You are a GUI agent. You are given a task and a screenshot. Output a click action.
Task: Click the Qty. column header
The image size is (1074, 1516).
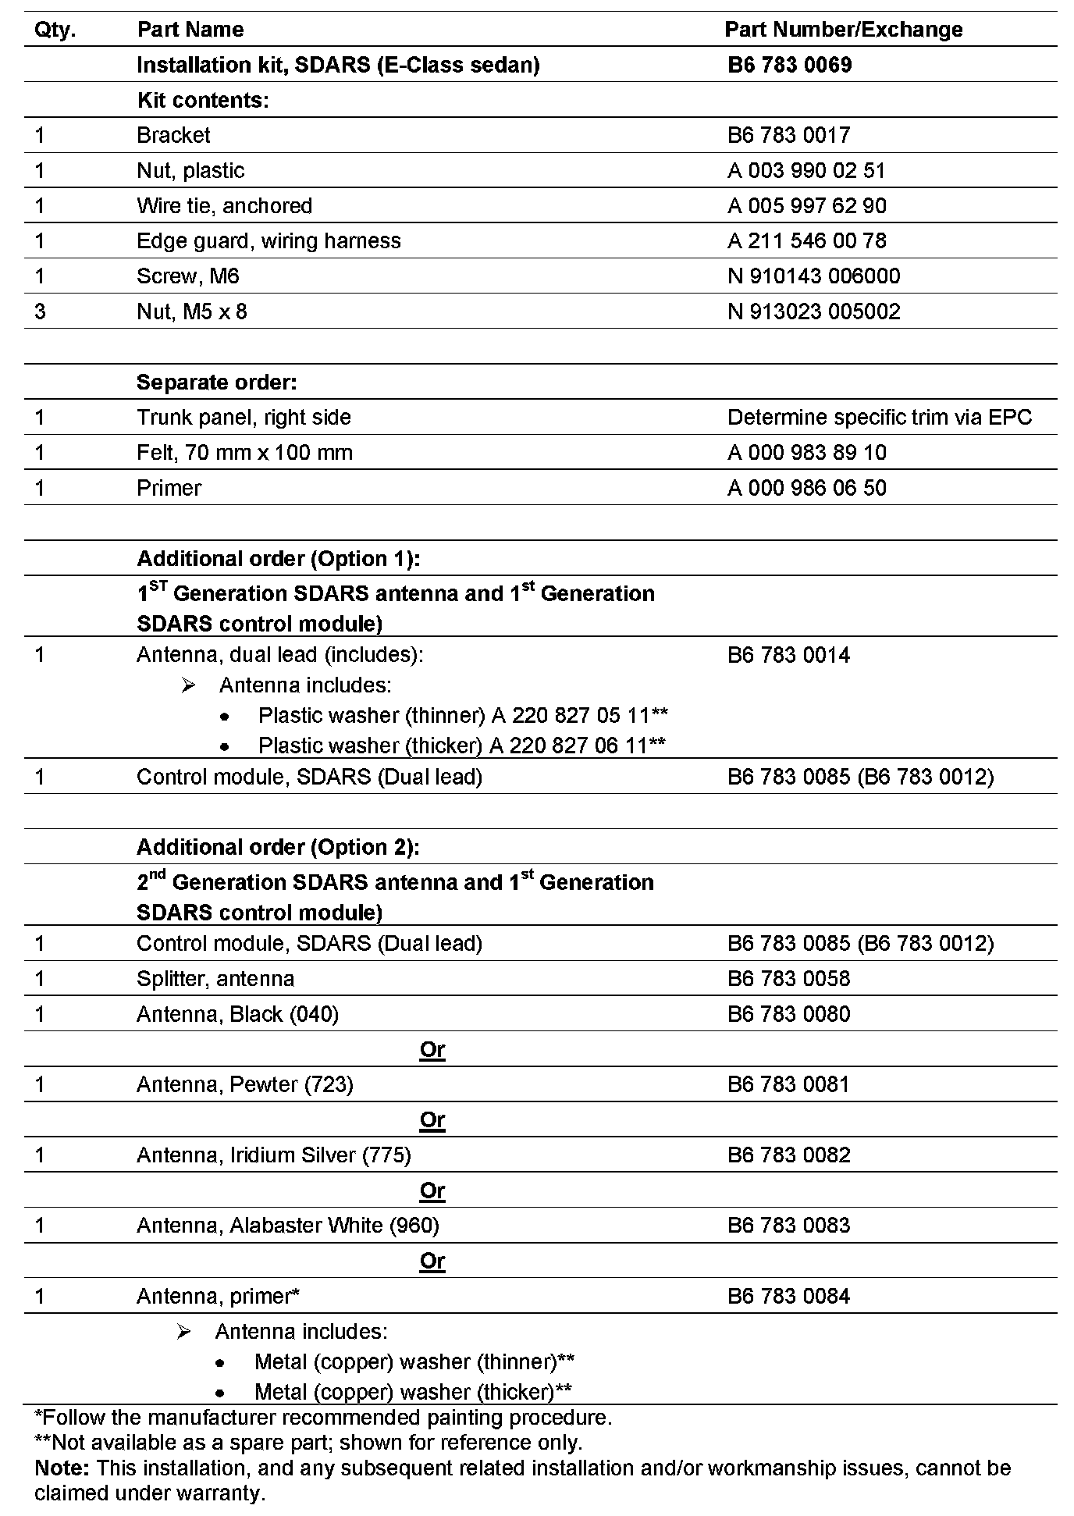coord(55,30)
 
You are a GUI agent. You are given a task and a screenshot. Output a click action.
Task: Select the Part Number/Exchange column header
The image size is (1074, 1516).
coord(843,30)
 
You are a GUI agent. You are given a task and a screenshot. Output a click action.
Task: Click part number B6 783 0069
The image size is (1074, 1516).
coord(789,65)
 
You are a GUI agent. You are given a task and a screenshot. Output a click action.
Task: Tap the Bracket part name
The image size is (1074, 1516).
coord(173,135)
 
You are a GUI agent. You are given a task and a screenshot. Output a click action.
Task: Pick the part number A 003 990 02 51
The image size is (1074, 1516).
coord(806,171)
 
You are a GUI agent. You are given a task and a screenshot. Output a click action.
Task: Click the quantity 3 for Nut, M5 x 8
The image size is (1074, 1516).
coord(41,311)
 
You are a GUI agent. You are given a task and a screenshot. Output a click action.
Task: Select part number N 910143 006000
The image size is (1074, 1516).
coord(813,276)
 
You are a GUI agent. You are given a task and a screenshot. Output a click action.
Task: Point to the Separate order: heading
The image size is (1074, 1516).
coord(216,383)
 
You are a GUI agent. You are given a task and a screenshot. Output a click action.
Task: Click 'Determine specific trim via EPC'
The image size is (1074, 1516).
coord(879,418)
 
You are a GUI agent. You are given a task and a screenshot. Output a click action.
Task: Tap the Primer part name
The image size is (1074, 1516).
coord(169,488)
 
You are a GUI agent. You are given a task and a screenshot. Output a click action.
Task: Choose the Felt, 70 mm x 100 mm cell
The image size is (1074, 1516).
coord(244,453)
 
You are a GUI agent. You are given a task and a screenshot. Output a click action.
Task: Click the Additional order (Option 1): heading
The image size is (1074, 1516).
coord(279,559)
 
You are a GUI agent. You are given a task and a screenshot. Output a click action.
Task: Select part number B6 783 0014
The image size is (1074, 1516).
coord(788,655)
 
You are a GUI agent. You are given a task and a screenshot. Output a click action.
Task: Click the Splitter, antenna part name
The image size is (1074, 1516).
coord(215,979)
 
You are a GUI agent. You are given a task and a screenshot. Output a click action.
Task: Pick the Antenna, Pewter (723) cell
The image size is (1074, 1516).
coord(244,1084)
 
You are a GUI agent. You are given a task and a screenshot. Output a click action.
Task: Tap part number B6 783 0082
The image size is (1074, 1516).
coord(788,1155)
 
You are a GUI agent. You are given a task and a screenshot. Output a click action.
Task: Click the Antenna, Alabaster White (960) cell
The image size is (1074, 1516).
coord(287,1226)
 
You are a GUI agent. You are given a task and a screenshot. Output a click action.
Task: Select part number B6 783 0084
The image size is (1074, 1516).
coord(788,1297)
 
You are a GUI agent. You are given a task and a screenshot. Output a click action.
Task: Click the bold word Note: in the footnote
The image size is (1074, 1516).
coord(62,1468)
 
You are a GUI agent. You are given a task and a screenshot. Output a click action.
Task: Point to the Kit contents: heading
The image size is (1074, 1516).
coord(203,100)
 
